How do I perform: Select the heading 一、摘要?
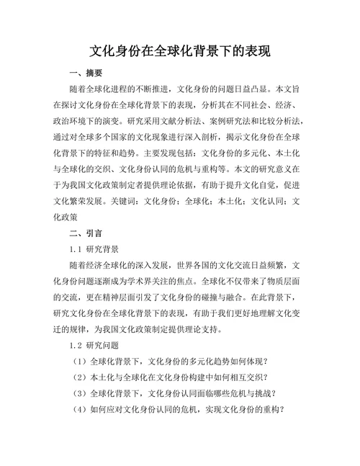[x=85, y=73]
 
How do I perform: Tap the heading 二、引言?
[x=85, y=234]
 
